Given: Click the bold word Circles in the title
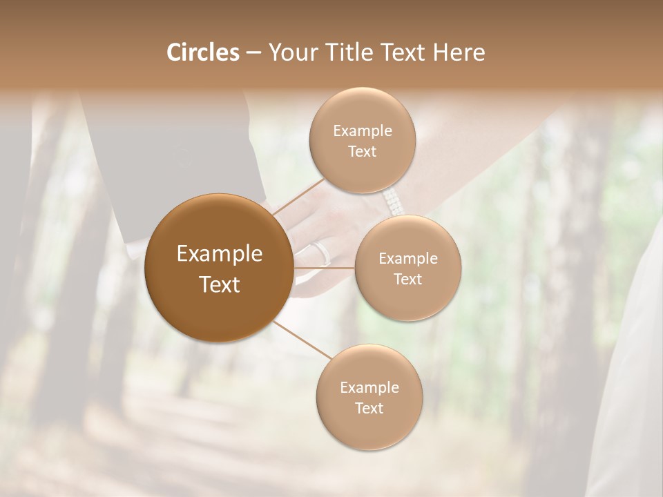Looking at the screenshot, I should (202, 52).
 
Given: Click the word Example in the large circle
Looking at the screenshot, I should (220, 254).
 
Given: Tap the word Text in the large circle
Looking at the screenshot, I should (220, 284).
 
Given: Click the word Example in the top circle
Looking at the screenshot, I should (362, 131).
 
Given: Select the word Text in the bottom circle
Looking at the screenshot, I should (369, 408).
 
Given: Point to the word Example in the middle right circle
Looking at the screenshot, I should (407, 259).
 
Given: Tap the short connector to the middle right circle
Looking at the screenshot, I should (324, 268).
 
